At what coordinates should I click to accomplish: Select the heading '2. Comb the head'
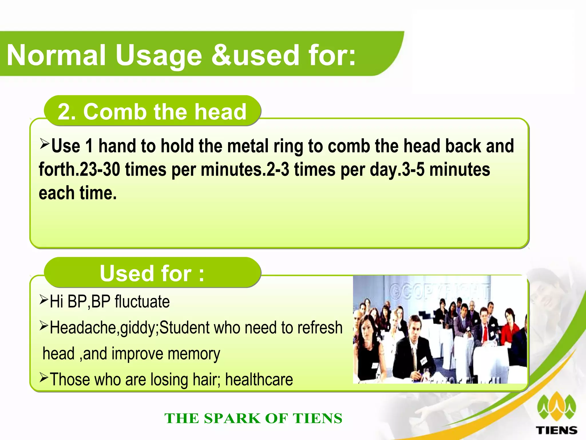point(152,111)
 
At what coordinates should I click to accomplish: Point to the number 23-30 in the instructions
point(100,169)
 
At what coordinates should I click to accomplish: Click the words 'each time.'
point(78,193)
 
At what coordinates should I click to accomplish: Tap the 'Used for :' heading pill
point(152,273)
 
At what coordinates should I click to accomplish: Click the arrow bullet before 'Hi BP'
point(44,300)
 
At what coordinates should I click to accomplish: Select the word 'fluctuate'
point(142,302)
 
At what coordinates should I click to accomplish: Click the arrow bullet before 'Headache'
point(44,325)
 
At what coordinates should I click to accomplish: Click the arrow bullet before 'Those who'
point(44,377)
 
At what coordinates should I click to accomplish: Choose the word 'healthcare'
point(259,380)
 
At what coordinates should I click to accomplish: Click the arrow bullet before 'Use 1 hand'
point(45,143)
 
